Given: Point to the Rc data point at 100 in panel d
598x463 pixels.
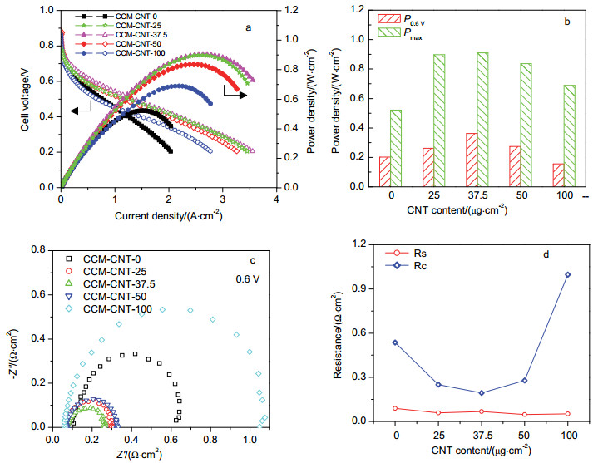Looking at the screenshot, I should click(567, 274).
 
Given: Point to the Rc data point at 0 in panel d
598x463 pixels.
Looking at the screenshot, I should click(394, 342).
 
